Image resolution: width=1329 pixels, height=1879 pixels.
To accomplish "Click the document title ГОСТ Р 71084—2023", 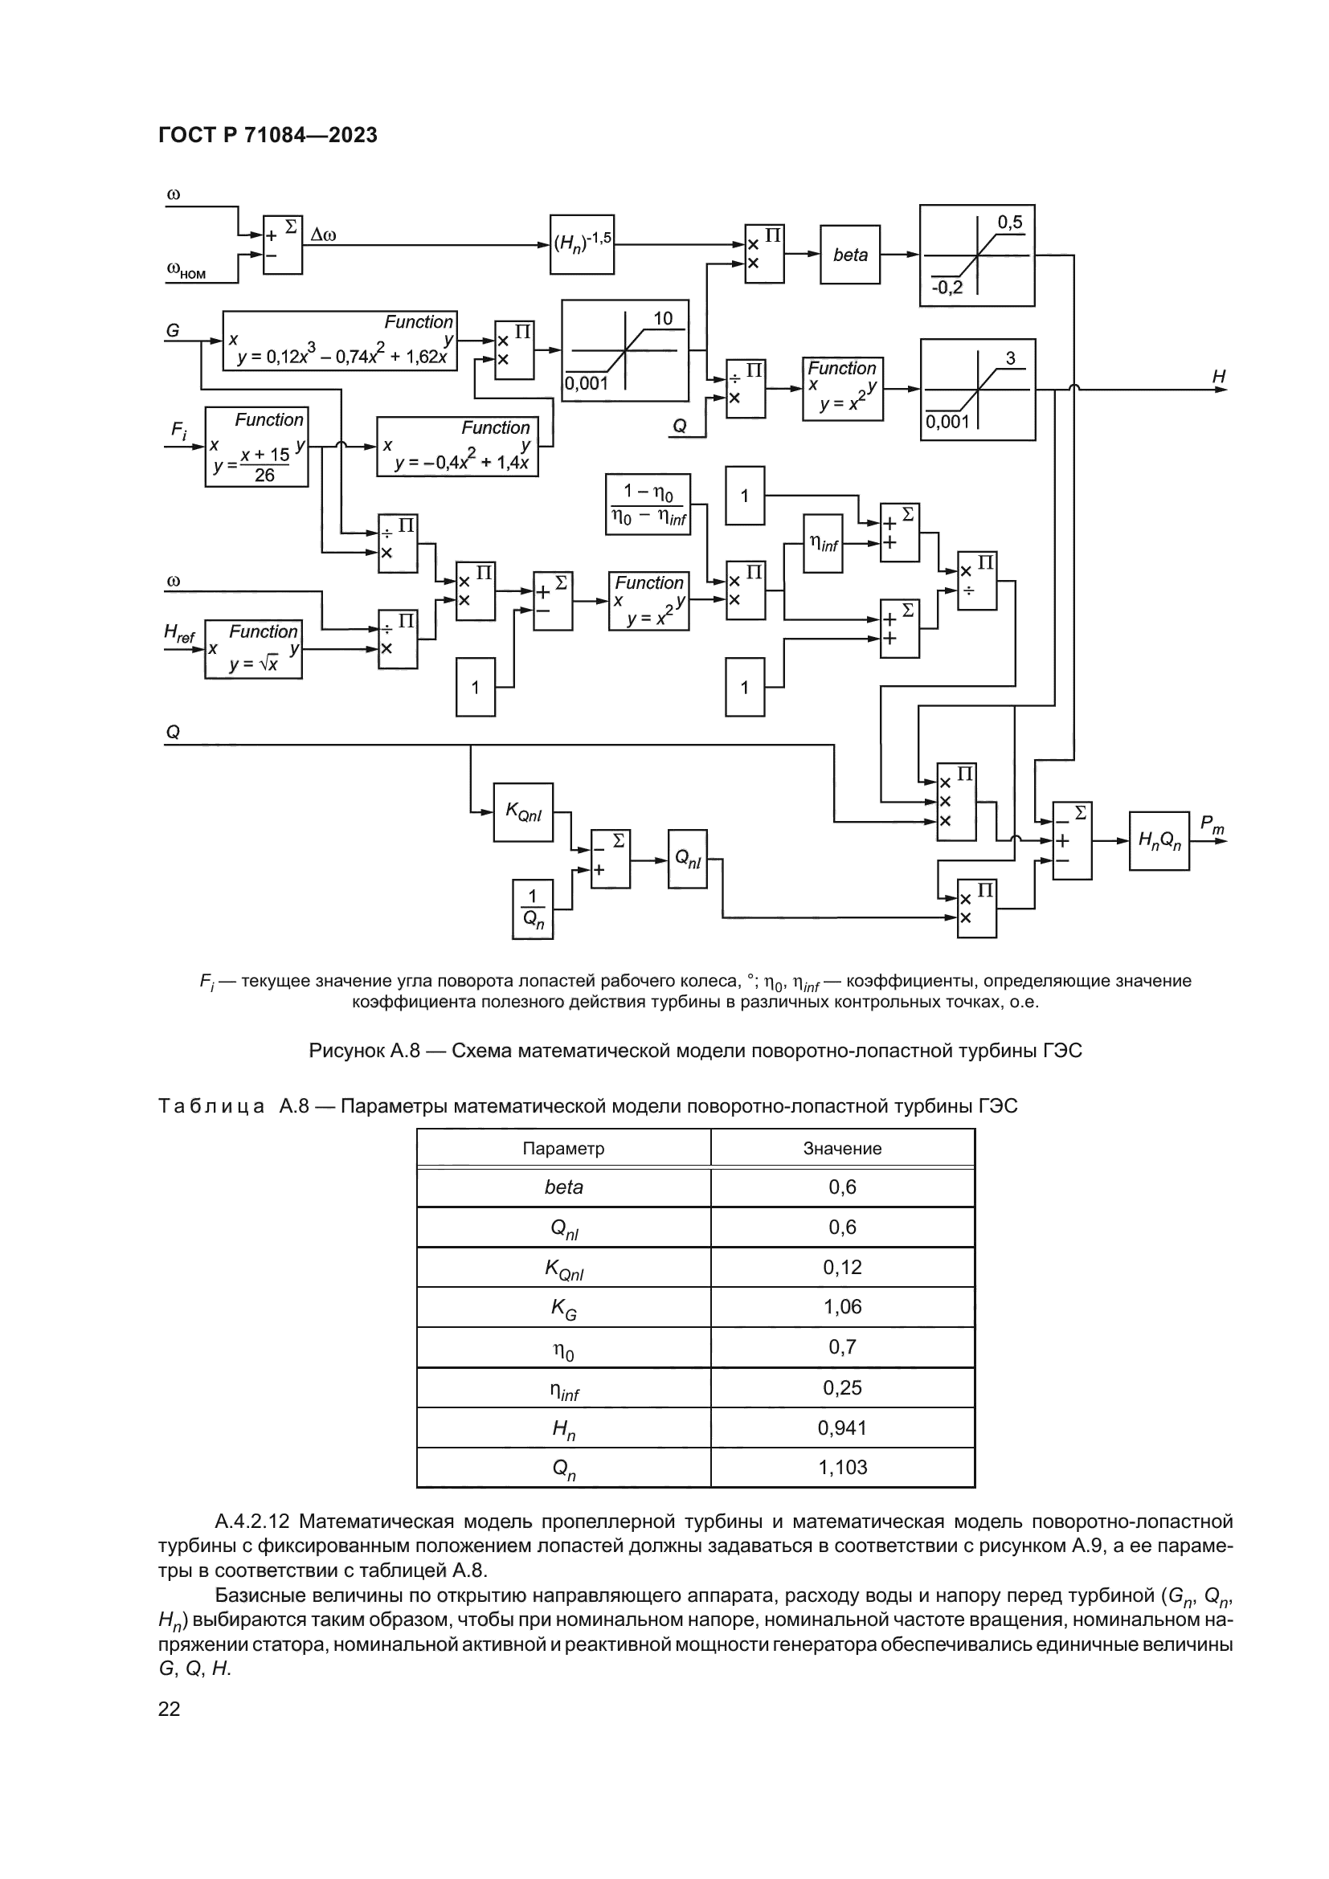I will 268,135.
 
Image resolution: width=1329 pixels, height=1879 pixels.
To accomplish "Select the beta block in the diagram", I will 849,255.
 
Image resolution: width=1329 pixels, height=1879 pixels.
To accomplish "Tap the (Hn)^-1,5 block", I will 581,244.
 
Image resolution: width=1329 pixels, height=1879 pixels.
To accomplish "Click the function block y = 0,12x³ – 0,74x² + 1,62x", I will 340,341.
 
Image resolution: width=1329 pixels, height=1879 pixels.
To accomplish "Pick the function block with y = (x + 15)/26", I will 256,447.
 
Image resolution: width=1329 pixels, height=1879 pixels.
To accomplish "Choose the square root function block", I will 253,649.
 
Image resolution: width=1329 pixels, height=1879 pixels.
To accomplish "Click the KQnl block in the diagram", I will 523,812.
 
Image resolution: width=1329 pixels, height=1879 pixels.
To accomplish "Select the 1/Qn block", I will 532,909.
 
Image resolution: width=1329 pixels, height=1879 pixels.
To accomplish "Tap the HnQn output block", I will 1159,840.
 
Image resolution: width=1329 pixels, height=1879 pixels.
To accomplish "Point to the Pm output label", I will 1211,824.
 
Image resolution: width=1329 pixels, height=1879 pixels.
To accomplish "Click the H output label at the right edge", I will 1219,377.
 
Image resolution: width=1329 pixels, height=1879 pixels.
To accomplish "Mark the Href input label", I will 179,632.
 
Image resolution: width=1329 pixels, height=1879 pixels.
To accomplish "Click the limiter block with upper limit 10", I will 624,350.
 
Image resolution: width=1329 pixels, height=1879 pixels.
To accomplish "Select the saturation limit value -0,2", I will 947,288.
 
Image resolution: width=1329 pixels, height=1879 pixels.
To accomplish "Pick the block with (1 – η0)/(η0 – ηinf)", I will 648,504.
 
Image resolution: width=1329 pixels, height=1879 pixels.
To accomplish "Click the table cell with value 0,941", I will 842,1428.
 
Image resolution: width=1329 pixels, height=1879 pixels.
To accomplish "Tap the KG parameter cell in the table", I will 563,1308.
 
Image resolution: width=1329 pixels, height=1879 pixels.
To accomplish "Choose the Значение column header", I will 842,1148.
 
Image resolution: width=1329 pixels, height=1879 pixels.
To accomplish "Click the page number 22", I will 169,1709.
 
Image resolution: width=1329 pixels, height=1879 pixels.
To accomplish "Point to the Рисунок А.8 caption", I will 695,1050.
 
